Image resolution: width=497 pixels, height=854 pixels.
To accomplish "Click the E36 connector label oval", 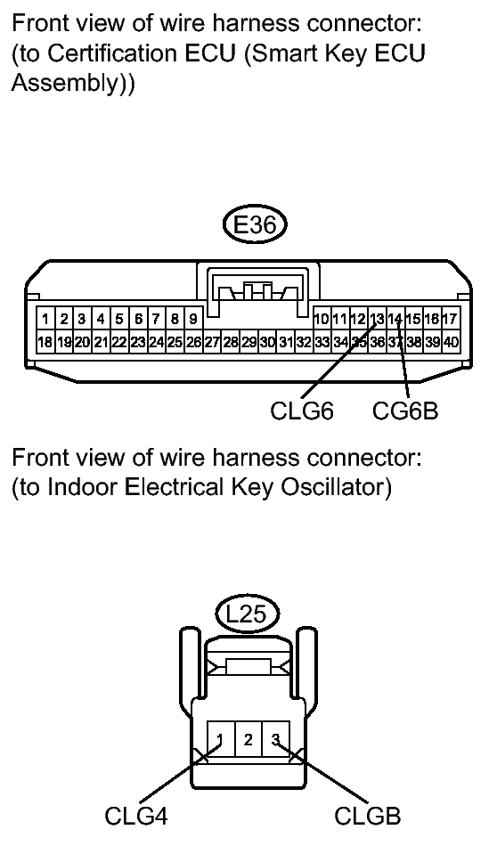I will pos(255,226).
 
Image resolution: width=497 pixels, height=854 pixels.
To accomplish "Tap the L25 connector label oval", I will pos(248,613).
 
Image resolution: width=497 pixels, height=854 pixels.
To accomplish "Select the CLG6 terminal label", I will pos(303,412).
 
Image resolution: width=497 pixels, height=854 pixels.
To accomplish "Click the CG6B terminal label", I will pos(405,412).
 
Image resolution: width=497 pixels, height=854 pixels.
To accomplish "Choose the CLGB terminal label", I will pos(368,815).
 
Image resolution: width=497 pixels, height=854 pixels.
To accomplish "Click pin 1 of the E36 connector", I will pos(44,319).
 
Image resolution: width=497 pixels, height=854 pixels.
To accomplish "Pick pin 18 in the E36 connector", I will pos(44,341).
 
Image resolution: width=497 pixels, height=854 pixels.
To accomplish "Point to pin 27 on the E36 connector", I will pos(211,341).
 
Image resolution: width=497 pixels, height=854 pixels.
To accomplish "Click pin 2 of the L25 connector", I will pos(248,738).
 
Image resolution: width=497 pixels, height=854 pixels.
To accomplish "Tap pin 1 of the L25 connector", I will pos(219,738).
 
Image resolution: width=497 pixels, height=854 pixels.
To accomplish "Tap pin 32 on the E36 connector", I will pos(304,341).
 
